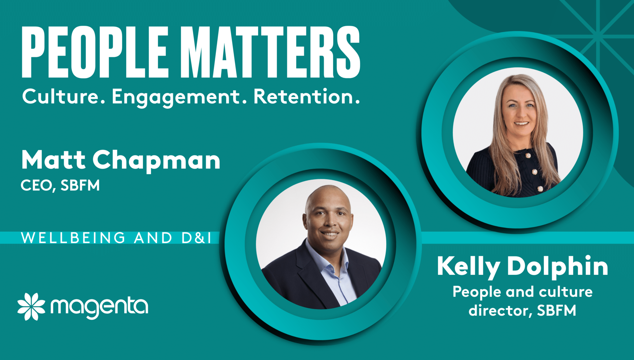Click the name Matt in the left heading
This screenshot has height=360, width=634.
click(53, 160)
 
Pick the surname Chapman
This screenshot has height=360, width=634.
click(156, 161)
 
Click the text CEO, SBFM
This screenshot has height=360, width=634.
click(60, 185)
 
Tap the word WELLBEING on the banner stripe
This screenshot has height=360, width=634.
click(73, 238)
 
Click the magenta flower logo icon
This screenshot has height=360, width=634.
click(31, 306)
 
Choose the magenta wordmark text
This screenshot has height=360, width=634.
click(99, 307)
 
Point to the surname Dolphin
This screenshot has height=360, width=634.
click(558, 267)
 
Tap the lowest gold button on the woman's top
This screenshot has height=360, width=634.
click(540, 189)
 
